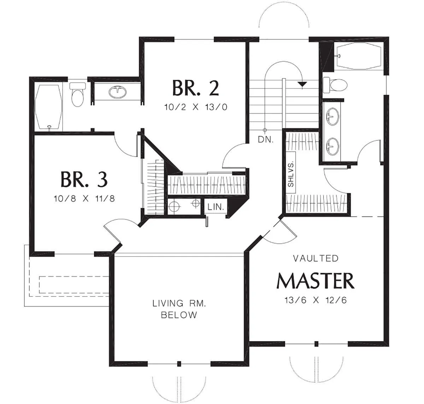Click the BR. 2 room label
[196, 88]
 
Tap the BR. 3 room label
[84, 179]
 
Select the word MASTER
[315, 281]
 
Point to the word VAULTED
[316, 258]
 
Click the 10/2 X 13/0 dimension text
[196, 107]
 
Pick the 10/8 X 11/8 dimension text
[84, 199]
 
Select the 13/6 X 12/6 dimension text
[316, 300]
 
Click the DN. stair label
[266, 140]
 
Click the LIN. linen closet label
[216, 207]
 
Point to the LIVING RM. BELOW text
[179, 309]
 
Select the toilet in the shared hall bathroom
[78, 94]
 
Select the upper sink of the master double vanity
[332, 117]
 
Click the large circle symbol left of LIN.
[174, 206]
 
